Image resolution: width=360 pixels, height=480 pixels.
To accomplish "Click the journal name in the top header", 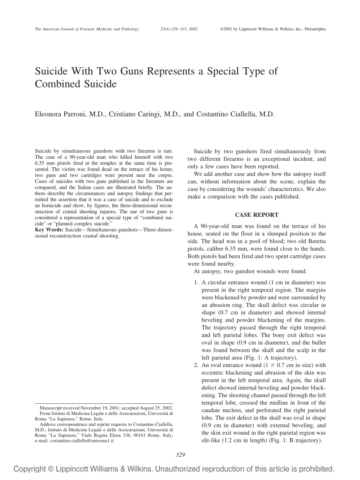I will tap(86, 29).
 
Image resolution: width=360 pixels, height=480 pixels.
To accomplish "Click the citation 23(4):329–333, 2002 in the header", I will tap(180, 29).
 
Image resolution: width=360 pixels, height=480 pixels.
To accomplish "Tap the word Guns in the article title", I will tap(128, 71).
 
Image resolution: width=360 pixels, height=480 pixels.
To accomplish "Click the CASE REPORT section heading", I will tap(256, 215).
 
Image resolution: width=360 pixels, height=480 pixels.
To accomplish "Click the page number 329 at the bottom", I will tap(180, 455).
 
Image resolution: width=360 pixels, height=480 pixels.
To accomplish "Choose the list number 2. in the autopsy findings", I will tap(196, 365).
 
